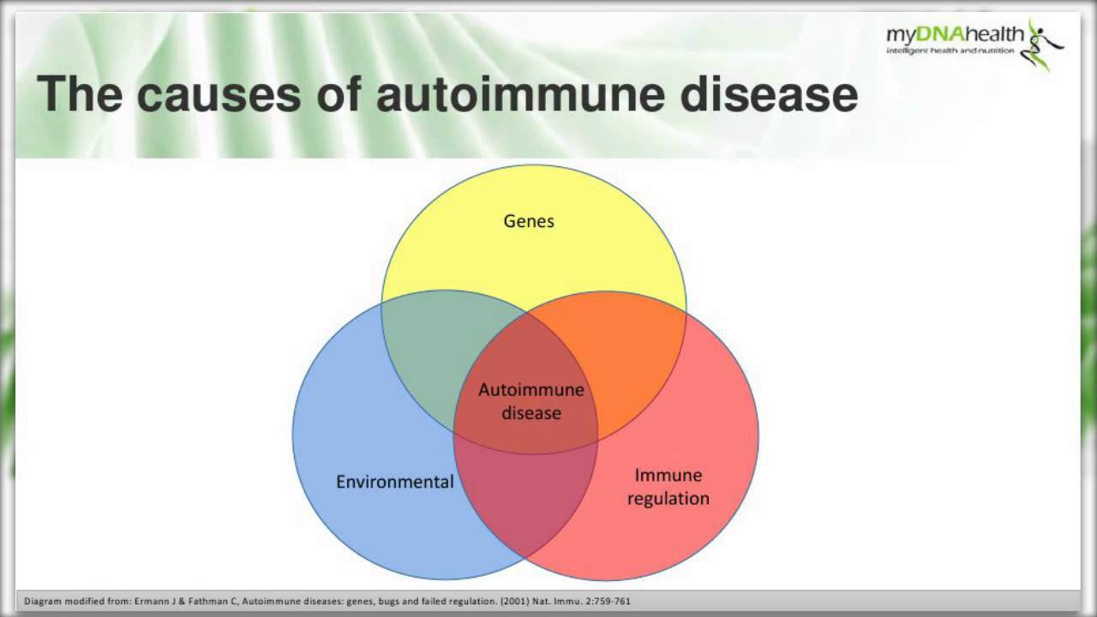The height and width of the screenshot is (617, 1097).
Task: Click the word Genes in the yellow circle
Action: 529,221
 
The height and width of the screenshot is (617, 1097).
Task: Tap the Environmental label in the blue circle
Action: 394,482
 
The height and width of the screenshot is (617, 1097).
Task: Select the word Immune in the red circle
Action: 668,475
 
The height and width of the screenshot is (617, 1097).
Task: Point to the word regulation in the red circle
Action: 668,498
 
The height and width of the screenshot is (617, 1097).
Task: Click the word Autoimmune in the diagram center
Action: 531,390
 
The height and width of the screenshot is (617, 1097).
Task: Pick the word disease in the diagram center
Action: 531,413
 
